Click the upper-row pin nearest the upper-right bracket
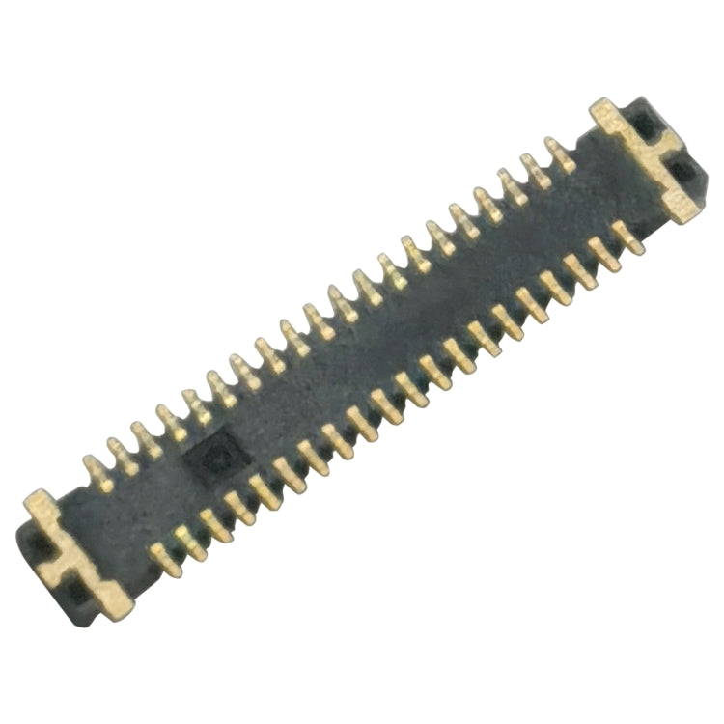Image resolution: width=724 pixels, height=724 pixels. point(559,153)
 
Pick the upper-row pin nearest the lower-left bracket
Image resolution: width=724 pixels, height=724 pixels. point(97,471)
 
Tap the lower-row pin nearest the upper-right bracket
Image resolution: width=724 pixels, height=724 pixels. point(628,236)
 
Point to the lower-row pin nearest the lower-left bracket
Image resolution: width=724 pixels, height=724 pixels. point(167,558)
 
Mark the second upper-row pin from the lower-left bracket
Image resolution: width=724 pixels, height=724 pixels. point(123,456)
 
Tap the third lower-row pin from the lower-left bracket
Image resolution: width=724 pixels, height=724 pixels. point(215,526)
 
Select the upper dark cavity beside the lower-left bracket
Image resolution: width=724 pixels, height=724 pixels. point(39,545)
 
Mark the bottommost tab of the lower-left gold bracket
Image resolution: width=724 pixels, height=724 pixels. point(114,605)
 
